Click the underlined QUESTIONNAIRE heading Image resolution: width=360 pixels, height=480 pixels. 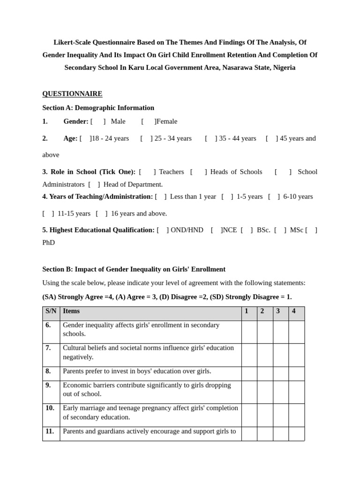[72, 94]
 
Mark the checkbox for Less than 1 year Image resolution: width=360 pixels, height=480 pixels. [160, 197]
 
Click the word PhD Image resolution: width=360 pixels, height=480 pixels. [48, 243]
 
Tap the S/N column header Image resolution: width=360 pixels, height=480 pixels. [51, 311]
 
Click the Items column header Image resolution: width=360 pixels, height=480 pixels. [71, 311]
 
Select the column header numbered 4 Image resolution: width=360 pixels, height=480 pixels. [294, 311]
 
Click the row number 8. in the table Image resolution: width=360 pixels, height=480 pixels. [48, 371]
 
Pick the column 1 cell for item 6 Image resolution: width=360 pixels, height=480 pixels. [249, 332]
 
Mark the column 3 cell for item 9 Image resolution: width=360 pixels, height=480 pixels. [280, 392]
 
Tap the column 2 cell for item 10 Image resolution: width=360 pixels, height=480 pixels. [265, 415]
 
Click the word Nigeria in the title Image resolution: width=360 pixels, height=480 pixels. [284, 67]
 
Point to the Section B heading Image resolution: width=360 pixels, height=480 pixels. [134, 270]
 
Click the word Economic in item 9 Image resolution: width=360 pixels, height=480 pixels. [77, 385]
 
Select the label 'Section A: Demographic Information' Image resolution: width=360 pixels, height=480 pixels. [98, 108]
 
